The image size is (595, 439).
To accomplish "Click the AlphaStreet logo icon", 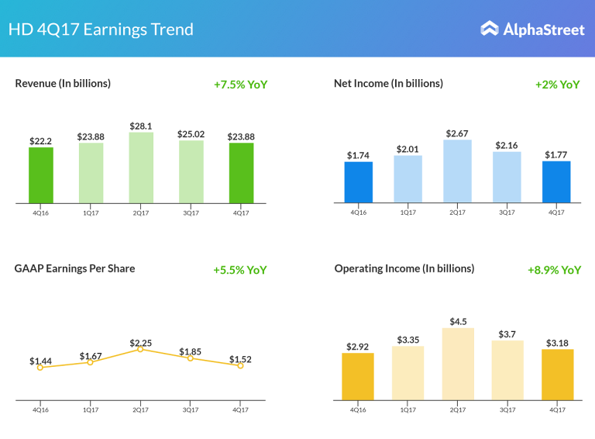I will pyautogui.click(x=490, y=29).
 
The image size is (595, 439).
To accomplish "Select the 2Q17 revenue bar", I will pyautogui.click(x=141, y=168).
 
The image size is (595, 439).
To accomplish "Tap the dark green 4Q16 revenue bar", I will pyautogui.click(x=41, y=175).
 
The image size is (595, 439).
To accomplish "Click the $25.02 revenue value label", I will pyautogui.click(x=191, y=134).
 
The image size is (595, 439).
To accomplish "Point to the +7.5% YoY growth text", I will pyautogui.click(x=240, y=85).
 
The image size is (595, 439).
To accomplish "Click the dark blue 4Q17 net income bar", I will pyautogui.click(x=556, y=182).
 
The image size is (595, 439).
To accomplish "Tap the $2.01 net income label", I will pyautogui.click(x=408, y=149).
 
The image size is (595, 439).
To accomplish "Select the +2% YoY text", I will pyautogui.click(x=557, y=85).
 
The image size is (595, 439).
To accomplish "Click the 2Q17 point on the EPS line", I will pyautogui.click(x=140, y=349).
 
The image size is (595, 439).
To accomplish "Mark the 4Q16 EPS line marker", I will pyautogui.click(x=40, y=367).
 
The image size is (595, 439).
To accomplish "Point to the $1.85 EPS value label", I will pyautogui.click(x=191, y=352).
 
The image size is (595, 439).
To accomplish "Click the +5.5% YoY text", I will pyautogui.click(x=240, y=270).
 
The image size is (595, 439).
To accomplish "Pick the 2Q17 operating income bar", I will pyautogui.click(x=458, y=364).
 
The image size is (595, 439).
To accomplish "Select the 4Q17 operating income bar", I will pyautogui.click(x=558, y=375).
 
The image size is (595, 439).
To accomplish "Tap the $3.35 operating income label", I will pyautogui.click(x=408, y=340).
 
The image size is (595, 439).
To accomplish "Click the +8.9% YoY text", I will pyautogui.click(x=554, y=270).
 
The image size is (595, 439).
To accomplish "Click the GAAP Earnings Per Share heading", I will pyautogui.click(x=74, y=268).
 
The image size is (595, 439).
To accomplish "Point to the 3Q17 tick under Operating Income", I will pyautogui.click(x=507, y=408).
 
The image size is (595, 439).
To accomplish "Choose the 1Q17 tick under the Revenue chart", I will pyautogui.click(x=91, y=211).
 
